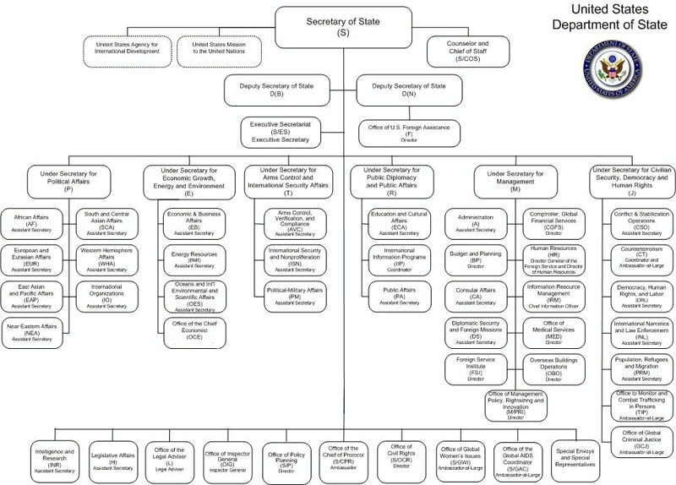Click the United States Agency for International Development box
[128, 50]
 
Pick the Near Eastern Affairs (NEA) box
[34, 331]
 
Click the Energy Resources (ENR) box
[194, 259]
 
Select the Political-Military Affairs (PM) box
[295, 296]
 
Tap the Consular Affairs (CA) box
[476, 296]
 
